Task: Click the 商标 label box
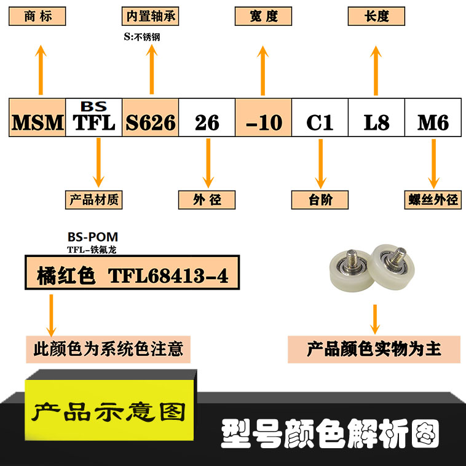pyautogui.click(x=38, y=16)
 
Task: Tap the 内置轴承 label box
pyautogui.click(x=151, y=16)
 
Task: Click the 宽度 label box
pyautogui.click(x=263, y=16)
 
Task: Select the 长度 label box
pyautogui.click(x=376, y=16)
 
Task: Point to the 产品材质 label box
pyautogui.click(x=94, y=200)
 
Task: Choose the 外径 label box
pyautogui.click(x=207, y=200)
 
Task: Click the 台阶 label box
pyautogui.click(x=320, y=200)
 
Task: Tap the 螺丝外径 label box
pyautogui.click(x=433, y=200)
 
